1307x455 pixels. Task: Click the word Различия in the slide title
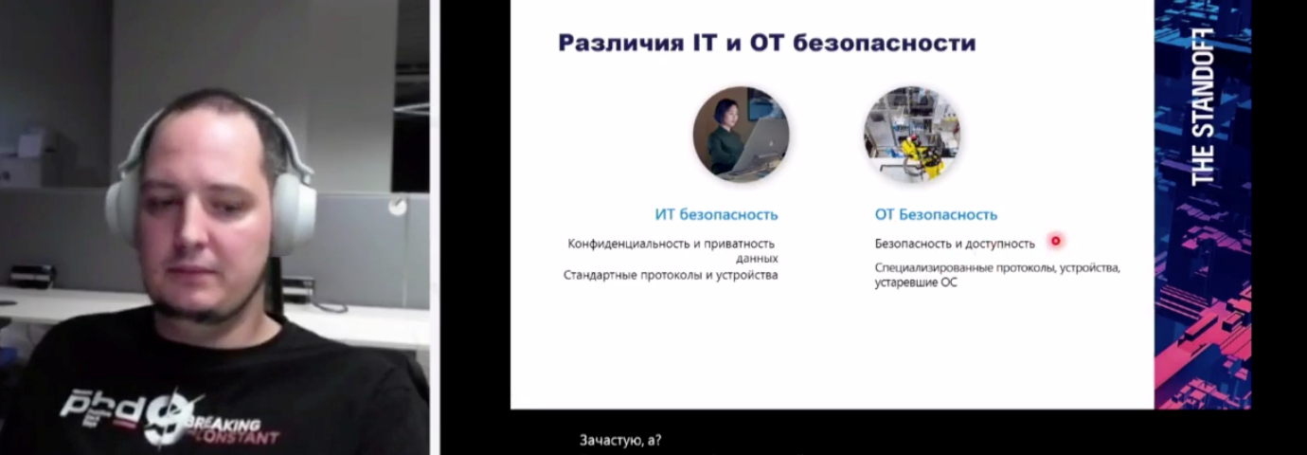pos(620,44)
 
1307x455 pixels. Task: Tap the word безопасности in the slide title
pos(885,44)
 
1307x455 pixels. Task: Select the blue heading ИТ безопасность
pos(716,215)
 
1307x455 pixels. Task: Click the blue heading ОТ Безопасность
pos(936,215)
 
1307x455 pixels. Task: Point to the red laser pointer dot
pos(1055,241)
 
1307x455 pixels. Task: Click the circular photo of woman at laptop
pos(741,135)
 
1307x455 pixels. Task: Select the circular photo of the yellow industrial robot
pos(912,135)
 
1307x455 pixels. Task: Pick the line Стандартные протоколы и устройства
pos(671,275)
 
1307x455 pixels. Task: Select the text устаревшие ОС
pos(916,282)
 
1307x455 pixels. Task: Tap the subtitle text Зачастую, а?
pos(620,440)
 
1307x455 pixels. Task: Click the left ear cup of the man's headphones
pos(122,210)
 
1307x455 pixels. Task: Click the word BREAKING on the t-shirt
pos(224,423)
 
